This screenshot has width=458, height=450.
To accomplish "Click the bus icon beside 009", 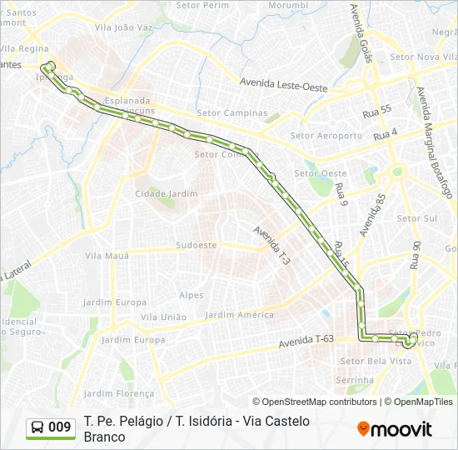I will (x=37, y=427).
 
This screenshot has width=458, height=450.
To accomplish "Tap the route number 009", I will (x=60, y=427).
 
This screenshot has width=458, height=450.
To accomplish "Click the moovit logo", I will (x=395, y=429).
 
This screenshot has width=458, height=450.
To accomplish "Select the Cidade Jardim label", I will (x=167, y=193).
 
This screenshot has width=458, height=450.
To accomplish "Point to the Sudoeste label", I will (x=197, y=245).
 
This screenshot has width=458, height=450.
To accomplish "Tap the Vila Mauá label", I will (x=108, y=256).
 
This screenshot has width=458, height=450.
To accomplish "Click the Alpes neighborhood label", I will (x=191, y=295).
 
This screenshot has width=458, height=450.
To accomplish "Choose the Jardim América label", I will (x=239, y=315).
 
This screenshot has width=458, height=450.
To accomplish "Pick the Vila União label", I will (x=163, y=317).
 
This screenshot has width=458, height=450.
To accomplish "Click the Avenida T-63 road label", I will (x=306, y=339).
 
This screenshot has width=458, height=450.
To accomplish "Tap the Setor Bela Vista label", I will (x=376, y=361).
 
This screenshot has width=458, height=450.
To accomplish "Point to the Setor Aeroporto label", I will (x=326, y=135).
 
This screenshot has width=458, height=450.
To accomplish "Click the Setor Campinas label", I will (x=232, y=112).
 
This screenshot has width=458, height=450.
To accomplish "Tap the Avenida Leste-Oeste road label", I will (x=283, y=83).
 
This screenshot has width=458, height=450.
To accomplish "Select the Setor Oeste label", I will (x=321, y=173).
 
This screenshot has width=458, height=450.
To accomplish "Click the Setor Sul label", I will (x=416, y=218).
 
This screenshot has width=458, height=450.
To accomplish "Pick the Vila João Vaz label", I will (x=124, y=27).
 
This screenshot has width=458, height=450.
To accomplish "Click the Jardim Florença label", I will (x=119, y=393).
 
